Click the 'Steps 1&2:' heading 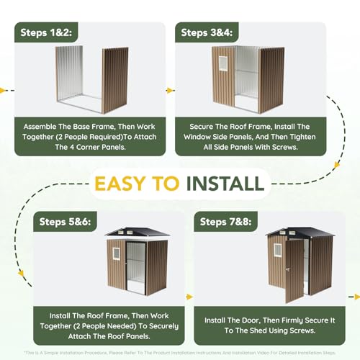coord(46,32)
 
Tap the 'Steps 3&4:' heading coord(207,32)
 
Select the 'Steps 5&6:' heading coord(65,222)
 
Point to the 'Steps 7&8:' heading coord(225,222)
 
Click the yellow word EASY coord(137,184)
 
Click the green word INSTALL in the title coord(225,184)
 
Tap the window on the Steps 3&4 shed coord(222,63)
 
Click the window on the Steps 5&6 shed coord(116,253)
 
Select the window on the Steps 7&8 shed coord(278,250)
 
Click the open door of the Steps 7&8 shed coord(294,271)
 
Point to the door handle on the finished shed coord(288,270)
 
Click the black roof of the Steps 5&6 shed coord(138,232)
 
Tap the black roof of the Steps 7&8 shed coord(300,232)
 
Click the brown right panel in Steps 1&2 coord(114,80)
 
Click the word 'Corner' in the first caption coord(88,147)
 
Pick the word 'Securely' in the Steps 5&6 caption coord(164,326)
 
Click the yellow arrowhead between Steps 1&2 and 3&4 coord(170,91)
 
